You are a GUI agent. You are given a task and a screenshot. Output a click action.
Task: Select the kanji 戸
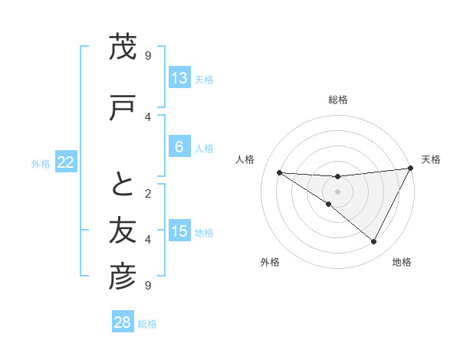pyautogui.click(x=123, y=107)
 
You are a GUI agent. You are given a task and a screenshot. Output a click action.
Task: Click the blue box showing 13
pyautogui.click(x=179, y=78)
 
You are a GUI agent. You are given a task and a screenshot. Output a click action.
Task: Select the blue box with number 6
pyautogui.click(x=179, y=147)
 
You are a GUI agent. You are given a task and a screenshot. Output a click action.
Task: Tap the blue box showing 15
pyautogui.click(x=179, y=231)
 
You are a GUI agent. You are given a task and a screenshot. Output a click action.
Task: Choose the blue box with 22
pyautogui.click(x=65, y=162)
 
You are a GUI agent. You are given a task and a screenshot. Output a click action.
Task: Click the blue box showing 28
pyautogui.click(x=123, y=322)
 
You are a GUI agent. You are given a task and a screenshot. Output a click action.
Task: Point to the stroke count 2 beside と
pyautogui.click(x=148, y=193)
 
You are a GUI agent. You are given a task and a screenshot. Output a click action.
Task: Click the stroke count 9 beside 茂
pyautogui.click(x=148, y=55)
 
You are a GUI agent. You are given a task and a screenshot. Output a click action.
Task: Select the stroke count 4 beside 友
pyautogui.click(x=148, y=239)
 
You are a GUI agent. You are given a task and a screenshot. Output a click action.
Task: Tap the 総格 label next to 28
pyautogui.click(x=147, y=324)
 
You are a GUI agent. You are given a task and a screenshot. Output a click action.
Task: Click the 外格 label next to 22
pyautogui.click(x=41, y=163)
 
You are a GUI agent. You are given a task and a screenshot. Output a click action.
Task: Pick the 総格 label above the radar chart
pyautogui.click(x=337, y=100)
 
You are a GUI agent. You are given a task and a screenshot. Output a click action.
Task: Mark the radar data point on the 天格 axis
pyautogui.click(x=410, y=169)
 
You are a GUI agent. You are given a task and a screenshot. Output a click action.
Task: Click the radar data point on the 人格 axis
pyautogui.click(x=279, y=172)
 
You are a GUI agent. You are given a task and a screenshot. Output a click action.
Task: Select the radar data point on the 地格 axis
pyautogui.click(x=373, y=242)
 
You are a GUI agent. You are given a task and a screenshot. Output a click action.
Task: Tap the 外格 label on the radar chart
pyautogui.click(x=270, y=262)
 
